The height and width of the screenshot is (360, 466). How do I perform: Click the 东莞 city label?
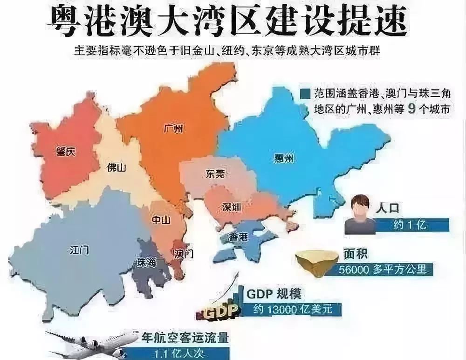(214, 174)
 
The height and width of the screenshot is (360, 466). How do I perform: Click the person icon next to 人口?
(360, 215)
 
